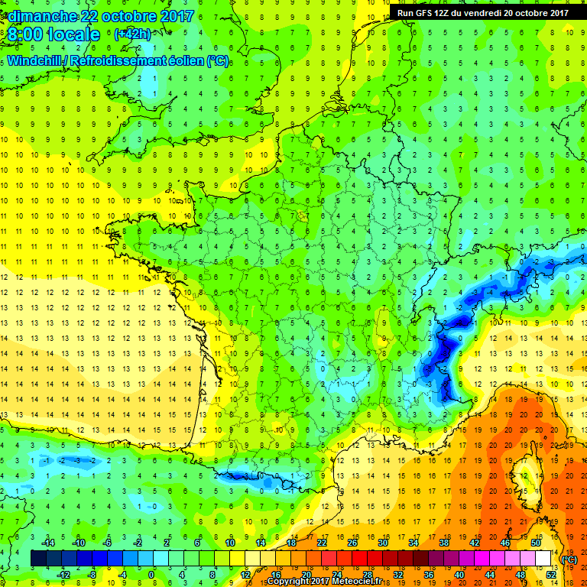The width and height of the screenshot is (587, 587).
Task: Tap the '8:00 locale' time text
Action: point(54,34)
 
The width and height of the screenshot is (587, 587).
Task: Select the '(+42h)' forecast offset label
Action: point(131,34)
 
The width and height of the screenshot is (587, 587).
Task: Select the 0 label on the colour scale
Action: point(151,574)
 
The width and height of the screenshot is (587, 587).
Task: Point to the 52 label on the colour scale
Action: point(550,574)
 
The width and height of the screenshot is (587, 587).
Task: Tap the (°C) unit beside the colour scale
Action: point(569,559)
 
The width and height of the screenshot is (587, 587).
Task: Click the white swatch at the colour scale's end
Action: point(543,559)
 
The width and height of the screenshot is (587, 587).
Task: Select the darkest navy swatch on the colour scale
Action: point(38,559)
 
